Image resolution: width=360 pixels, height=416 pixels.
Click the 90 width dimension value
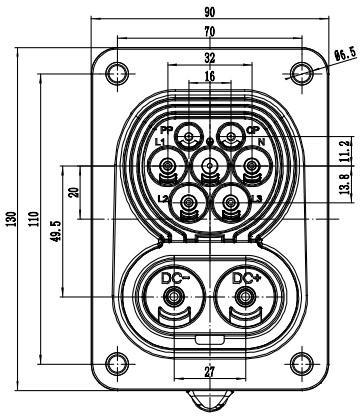(x=210, y=12)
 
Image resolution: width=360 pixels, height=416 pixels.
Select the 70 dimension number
(x=210, y=32)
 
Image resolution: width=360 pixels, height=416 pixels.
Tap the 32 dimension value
(x=210, y=58)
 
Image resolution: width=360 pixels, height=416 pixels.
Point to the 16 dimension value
(x=210, y=76)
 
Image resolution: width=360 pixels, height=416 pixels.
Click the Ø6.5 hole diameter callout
(x=345, y=54)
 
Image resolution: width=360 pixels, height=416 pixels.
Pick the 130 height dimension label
(x=12, y=219)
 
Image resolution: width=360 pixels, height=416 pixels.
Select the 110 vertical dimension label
(x=34, y=219)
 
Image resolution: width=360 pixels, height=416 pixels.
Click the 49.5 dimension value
(x=56, y=231)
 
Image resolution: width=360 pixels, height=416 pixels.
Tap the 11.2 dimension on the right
(x=347, y=151)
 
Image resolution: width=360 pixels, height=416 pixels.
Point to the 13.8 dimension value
(x=347, y=184)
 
